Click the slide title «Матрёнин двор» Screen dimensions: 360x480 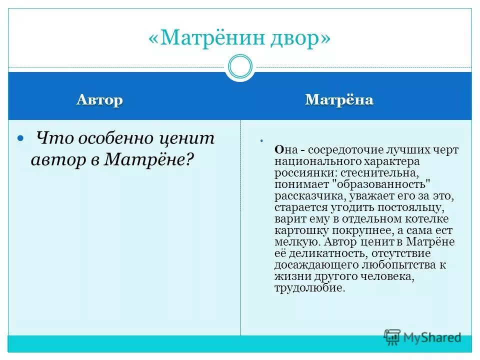pos(239,38)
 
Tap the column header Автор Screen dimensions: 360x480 pos(99,99)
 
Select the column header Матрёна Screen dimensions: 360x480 pos(339,99)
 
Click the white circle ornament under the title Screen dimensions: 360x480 pos(240,66)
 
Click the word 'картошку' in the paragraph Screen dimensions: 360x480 pos(297,230)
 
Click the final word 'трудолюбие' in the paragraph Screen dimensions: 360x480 pos(308,288)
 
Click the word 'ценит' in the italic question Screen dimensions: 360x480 pos(185,137)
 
